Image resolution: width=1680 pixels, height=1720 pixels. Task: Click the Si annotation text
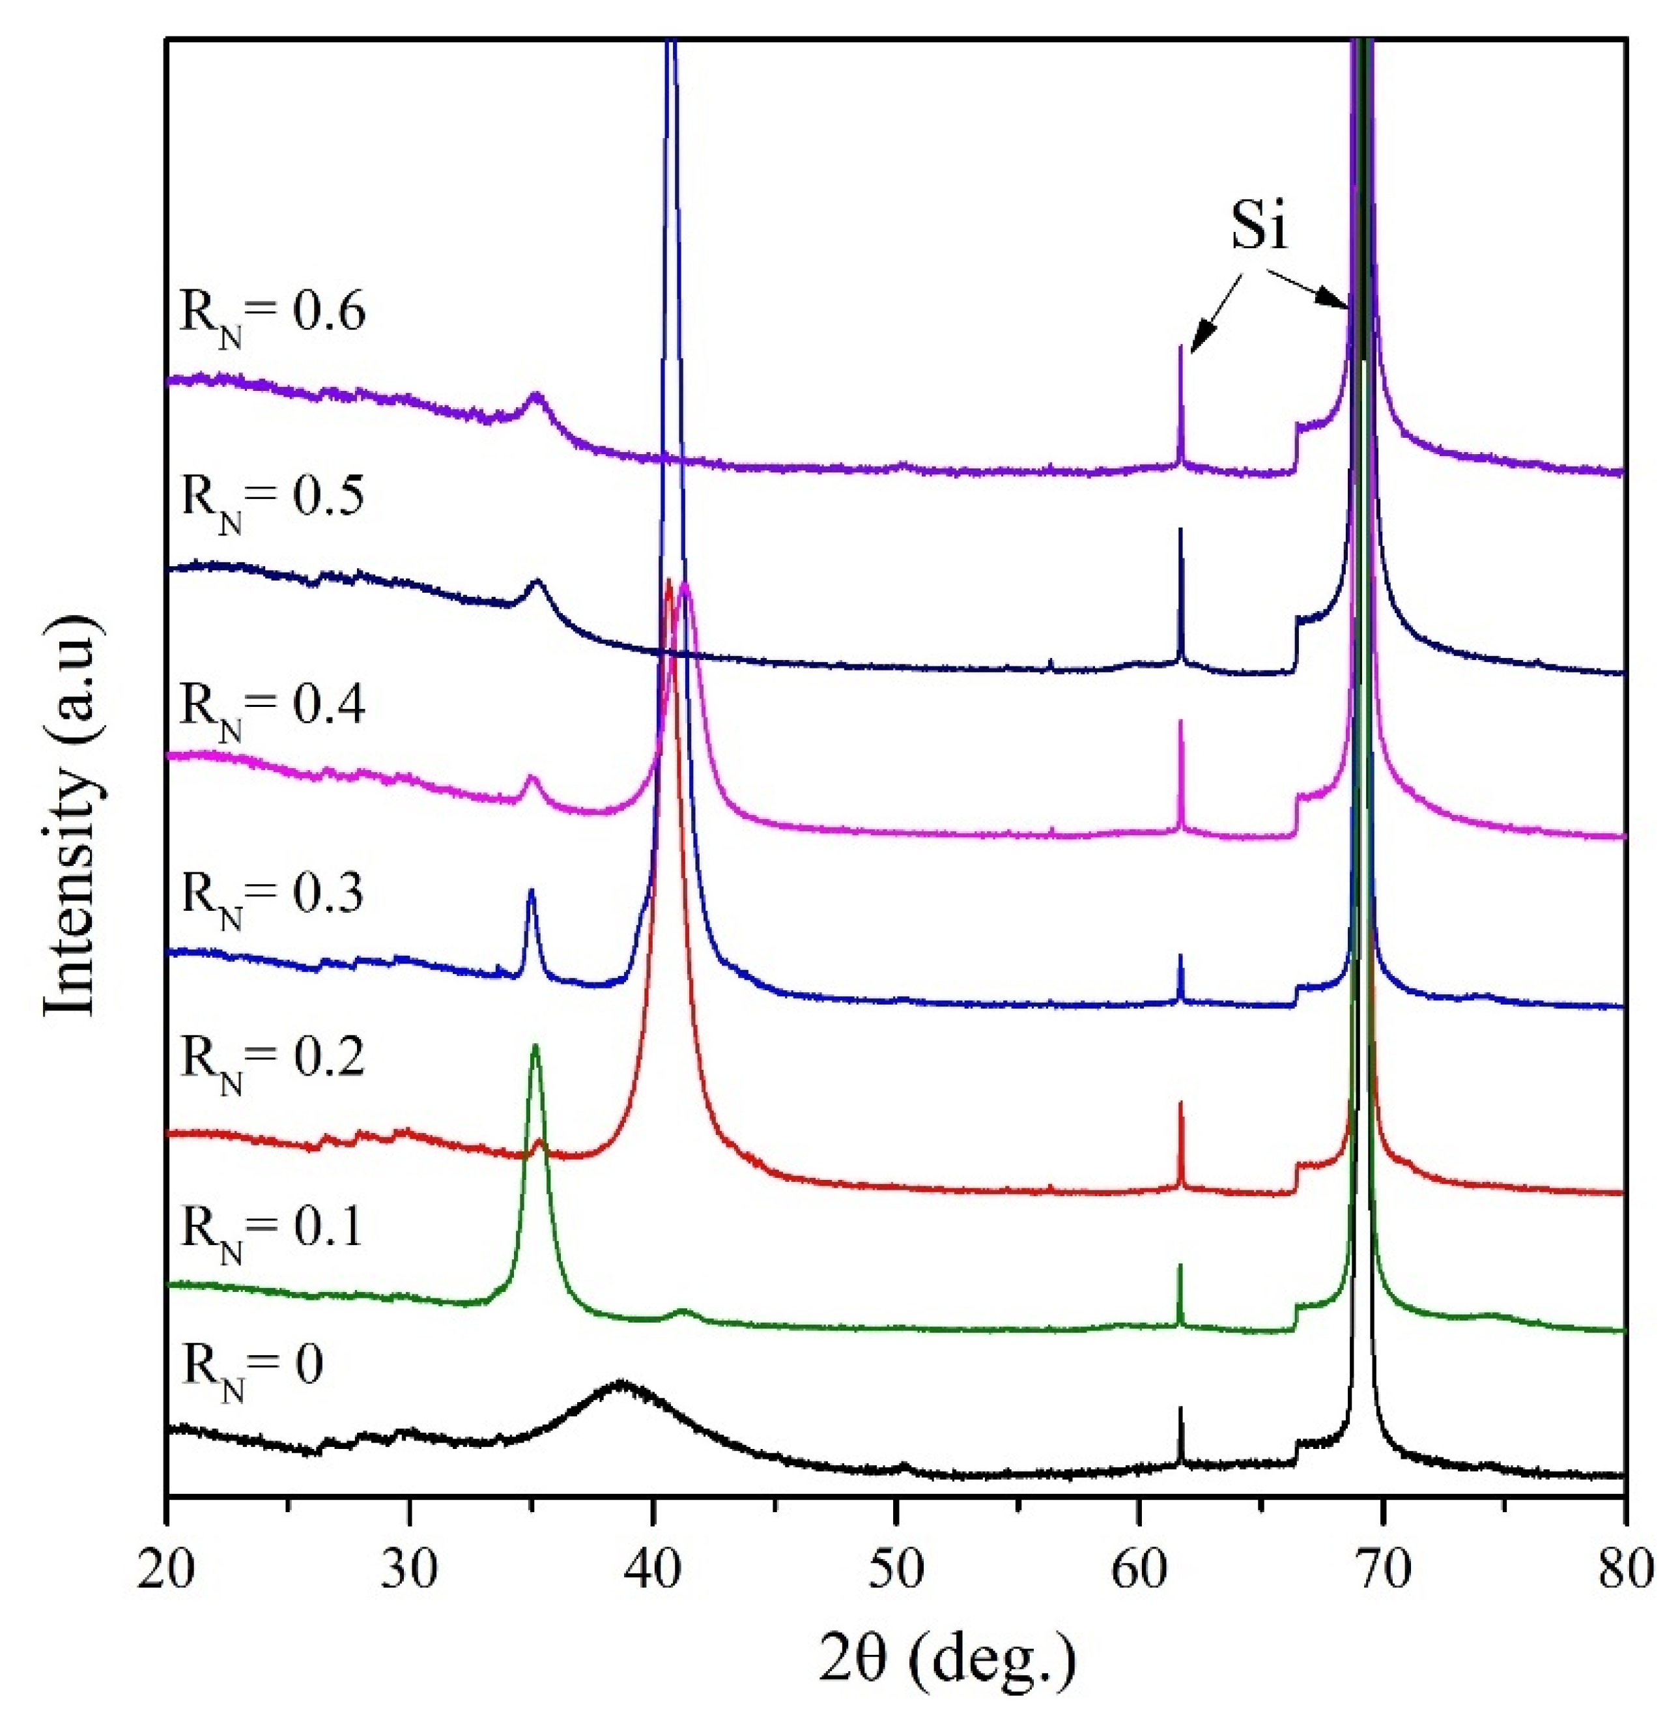1259,227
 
